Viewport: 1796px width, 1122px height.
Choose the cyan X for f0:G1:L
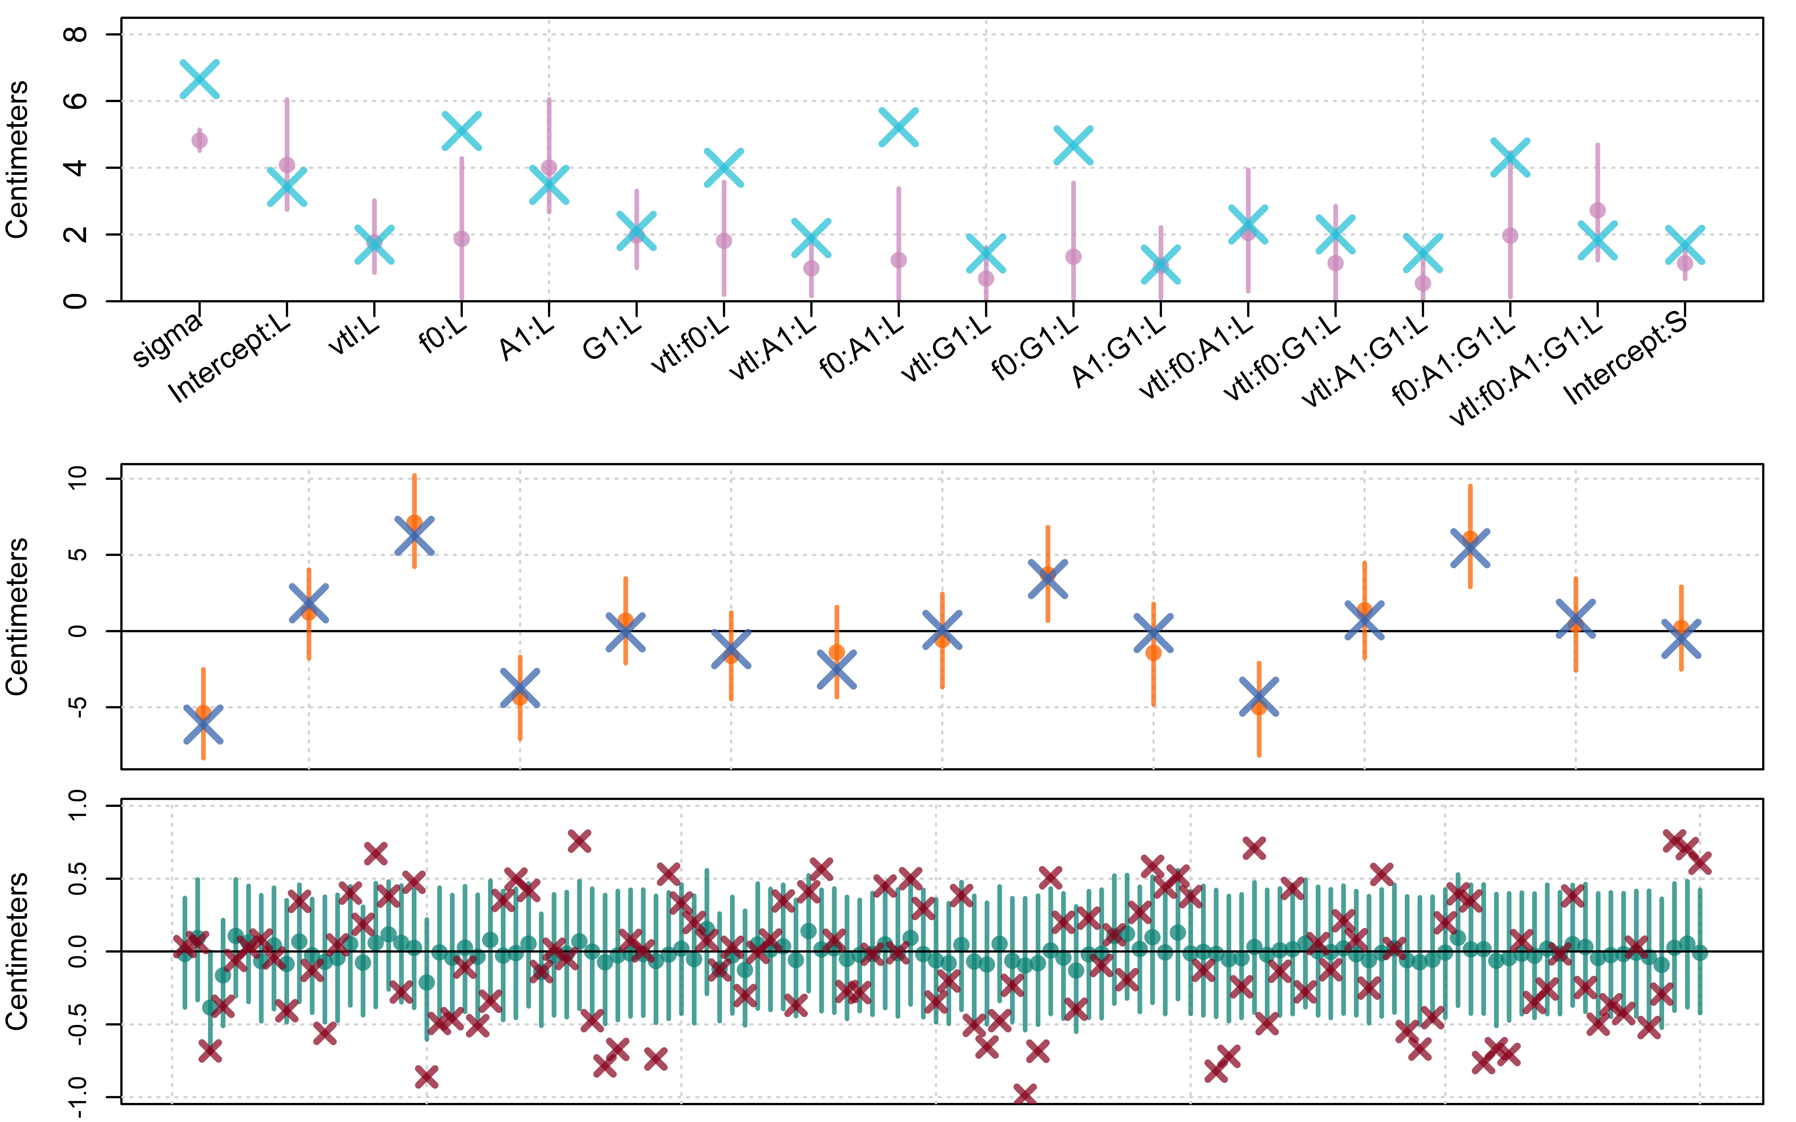(1073, 145)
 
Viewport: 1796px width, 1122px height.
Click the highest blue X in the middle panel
(414, 536)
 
